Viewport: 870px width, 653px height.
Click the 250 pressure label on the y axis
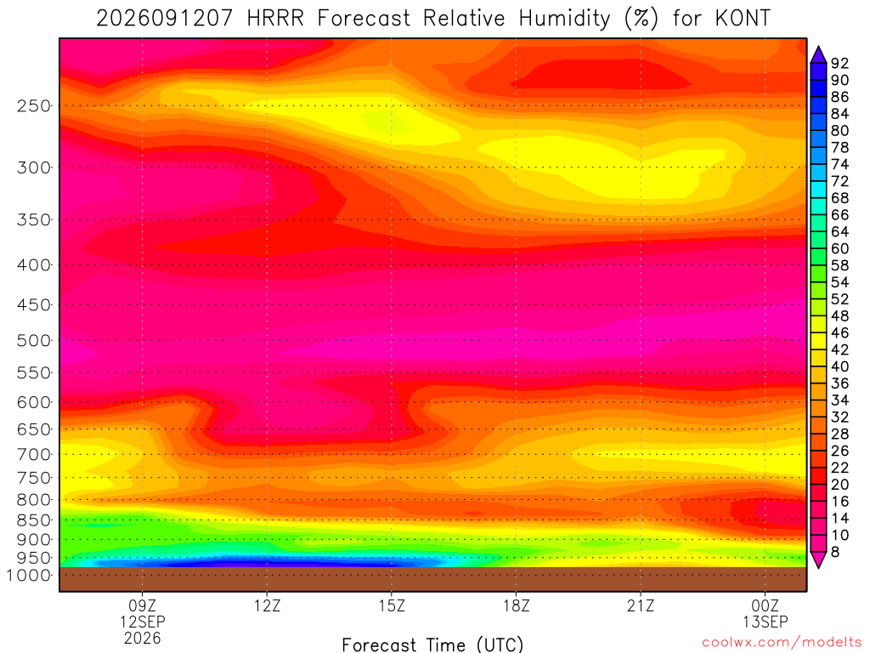34,105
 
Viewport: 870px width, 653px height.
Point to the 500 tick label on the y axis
34,340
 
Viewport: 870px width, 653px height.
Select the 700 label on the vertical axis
34,455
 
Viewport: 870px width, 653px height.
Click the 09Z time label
143,605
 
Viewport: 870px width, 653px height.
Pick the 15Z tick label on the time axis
392,605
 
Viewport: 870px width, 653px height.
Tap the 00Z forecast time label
765,605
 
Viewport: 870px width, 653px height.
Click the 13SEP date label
765,622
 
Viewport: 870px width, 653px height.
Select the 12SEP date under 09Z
143,622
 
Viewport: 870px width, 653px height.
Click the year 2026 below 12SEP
143,639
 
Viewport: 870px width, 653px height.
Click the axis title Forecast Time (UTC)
432,644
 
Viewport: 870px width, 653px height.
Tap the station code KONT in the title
743,19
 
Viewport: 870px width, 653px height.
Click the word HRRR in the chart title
276,19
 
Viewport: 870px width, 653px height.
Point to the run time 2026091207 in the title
165,19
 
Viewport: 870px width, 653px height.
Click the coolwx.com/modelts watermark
782,643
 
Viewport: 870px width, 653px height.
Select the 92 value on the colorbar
839,63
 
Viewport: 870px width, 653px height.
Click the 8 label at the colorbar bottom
835,552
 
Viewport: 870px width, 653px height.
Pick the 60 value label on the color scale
839,249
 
